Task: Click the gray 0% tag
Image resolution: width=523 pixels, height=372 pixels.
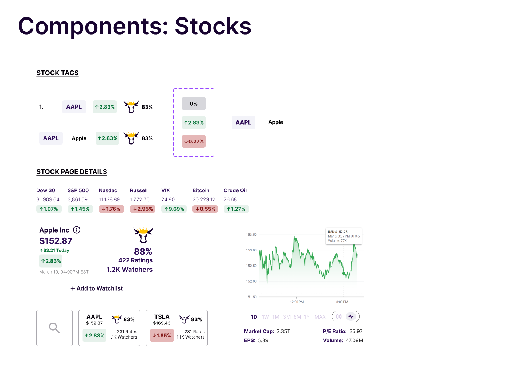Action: [x=194, y=104]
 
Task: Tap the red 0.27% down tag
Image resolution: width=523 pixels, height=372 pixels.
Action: [x=194, y=141]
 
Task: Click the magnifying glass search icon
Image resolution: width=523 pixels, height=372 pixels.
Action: [x=54, y=328]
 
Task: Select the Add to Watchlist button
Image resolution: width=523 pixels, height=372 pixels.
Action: [x=97, y=288]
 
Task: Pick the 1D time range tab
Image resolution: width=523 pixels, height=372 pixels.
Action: [x=254, y=317]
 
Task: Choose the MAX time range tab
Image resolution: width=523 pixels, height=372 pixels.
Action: [x=320, y=317]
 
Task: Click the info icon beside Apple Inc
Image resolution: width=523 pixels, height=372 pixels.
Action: [x=77, y=230]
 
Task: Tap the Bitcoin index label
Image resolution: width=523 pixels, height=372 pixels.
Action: [x=201, y=190]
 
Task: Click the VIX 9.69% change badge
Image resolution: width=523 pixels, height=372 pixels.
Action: [x=174, y=209]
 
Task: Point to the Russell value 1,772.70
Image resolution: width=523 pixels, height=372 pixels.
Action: [x=140, y=199]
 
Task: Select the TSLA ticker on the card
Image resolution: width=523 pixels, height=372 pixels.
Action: [x=162, y=317]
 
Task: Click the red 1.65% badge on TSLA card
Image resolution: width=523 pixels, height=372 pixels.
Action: [x=162, y=336]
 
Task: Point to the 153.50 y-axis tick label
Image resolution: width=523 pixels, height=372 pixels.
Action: [x=251, y=235]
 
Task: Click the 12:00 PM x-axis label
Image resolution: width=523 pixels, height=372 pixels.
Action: [x=297, y=302]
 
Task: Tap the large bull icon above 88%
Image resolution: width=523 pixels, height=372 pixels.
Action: [x=143, y=235]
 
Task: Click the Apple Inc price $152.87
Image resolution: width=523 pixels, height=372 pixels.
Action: [x=56, y=241]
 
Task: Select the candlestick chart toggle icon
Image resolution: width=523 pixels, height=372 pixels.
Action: [x=339, y=316]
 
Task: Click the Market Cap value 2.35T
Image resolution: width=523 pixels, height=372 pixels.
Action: [x=283, y=331]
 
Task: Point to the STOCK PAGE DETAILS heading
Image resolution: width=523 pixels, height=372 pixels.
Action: [x=72, y=172]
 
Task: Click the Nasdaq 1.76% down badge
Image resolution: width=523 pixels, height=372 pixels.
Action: [x=112, y=209]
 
